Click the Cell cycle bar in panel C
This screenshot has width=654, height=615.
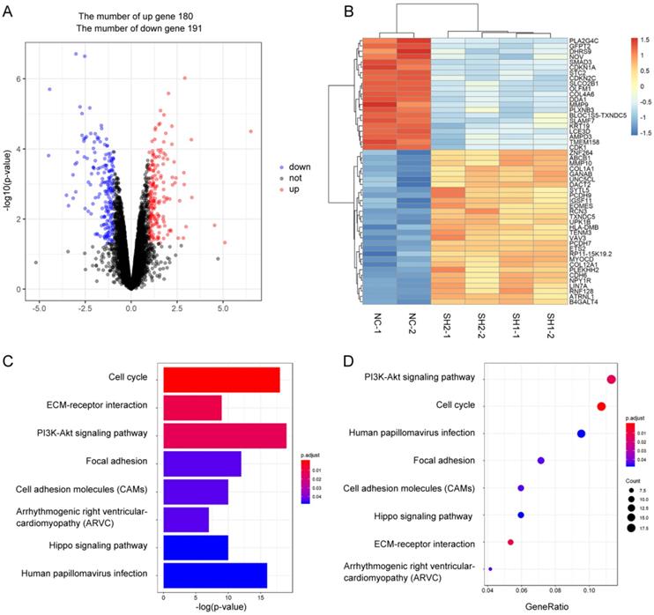pos(219,381)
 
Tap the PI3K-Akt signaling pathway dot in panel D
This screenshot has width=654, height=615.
pos(611,380)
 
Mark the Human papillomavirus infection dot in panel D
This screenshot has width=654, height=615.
pos(581,433)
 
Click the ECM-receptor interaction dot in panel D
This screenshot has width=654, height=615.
pos(510,543)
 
